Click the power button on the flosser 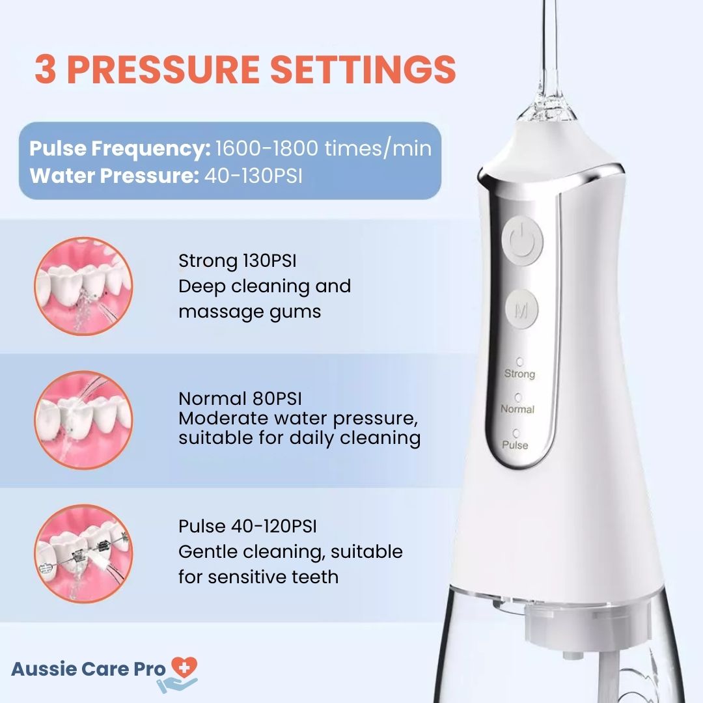(522, 241)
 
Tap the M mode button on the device (521, 310)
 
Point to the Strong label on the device (519, 374)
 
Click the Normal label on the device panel (517, 409)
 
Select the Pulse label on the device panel (515, 445)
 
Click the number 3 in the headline (46, 70)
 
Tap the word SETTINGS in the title (363, 69)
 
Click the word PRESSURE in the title (163, 70)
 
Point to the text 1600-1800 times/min (324, 148)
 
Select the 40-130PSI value (253, 176)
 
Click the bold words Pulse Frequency (120, 149)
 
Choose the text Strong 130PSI (237, 260)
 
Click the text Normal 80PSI (240, 398)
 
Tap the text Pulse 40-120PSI (247, 526)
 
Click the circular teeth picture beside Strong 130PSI (84, 286)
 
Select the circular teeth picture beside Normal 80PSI (84, 420)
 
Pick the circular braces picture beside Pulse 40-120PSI (84, 553)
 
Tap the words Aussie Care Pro (89, 669)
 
